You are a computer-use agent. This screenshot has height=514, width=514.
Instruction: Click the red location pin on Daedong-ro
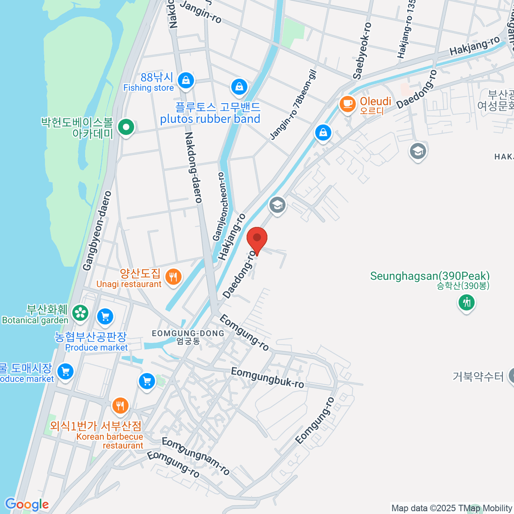[257, 239]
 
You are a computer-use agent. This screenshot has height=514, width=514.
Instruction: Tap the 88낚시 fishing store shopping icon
[185, 80]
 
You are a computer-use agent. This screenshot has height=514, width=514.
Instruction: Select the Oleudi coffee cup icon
[347, 104]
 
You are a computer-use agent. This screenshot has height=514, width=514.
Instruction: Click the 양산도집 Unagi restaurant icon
[173, 277]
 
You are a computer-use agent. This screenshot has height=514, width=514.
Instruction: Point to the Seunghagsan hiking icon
[466, 303]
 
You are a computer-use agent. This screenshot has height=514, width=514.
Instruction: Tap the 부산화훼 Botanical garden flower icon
[80, 313]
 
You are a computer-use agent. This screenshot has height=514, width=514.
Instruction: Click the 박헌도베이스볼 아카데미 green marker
[126, 127]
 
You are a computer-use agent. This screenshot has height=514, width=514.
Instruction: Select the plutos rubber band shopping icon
[239, 87]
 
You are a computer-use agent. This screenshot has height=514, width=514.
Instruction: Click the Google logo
[27, 505]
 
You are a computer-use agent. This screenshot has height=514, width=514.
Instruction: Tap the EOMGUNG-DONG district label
[188, 333]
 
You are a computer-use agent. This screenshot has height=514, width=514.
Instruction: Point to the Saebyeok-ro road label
[362, 51]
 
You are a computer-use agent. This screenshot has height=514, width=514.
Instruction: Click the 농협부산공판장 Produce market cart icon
[105, 317]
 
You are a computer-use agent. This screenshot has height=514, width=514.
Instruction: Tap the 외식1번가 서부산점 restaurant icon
[120, 406]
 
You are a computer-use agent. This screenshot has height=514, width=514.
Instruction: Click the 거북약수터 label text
[478, 377]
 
